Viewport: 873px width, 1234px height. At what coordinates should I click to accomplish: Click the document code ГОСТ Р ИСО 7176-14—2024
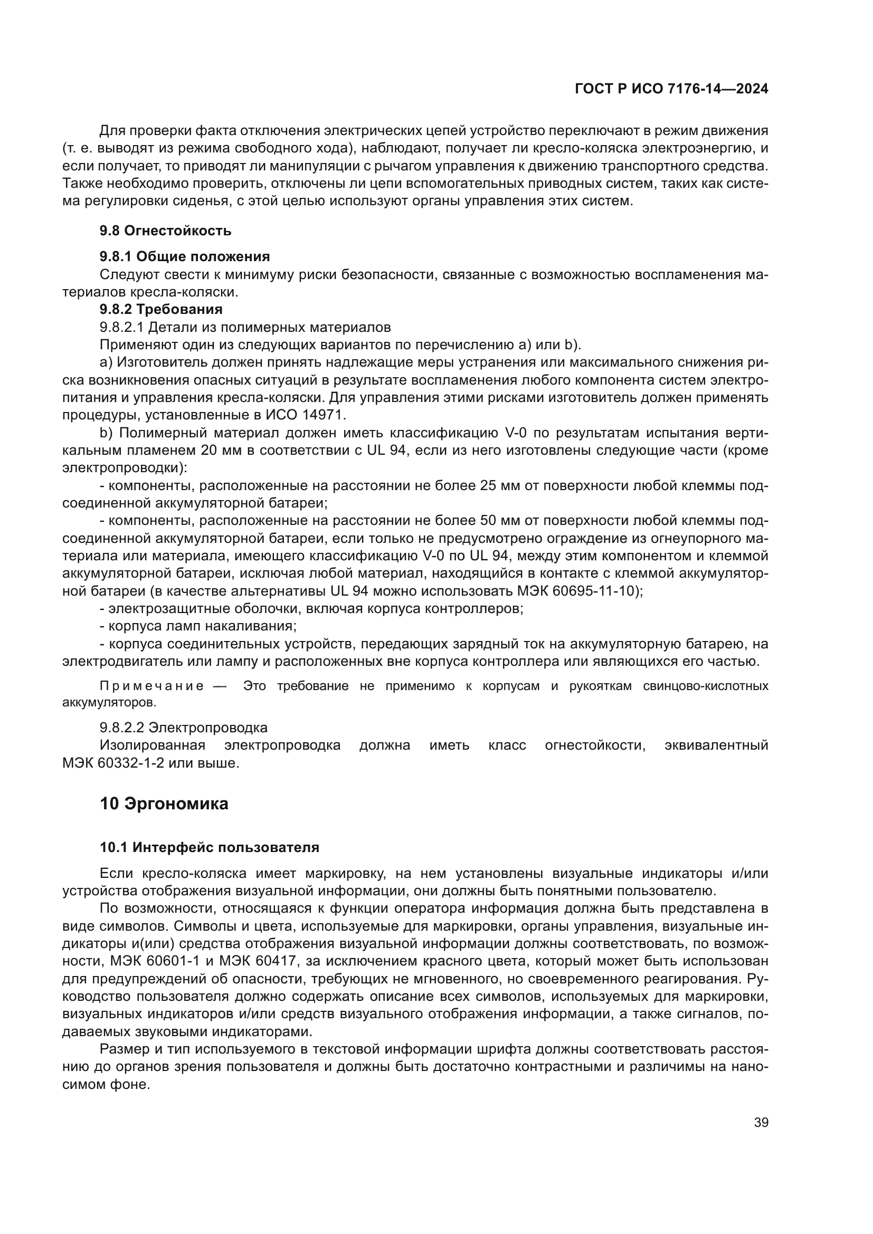pos(671,89)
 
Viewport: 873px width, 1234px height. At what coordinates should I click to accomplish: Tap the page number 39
pos(761,1123)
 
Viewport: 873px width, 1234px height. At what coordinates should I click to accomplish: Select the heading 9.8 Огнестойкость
pos(166,231)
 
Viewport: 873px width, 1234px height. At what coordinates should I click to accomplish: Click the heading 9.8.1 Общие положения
pos(185,256)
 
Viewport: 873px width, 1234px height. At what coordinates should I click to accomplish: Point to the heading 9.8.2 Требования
pos(162,309)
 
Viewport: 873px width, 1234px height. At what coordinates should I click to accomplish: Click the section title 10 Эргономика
pos(164,804)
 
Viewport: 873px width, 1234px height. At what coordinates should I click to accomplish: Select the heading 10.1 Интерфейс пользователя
pos(210,848)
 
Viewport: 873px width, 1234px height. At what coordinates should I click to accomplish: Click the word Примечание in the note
pos(151,686)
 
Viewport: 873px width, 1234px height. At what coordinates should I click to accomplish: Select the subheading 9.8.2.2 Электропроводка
pos(184,728)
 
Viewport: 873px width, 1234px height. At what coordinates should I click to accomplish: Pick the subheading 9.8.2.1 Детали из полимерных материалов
pos(245,327)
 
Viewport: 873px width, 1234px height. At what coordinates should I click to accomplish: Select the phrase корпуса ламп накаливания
pos(202,626)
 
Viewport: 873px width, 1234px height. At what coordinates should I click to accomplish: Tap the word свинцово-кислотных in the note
pos(705,686)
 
